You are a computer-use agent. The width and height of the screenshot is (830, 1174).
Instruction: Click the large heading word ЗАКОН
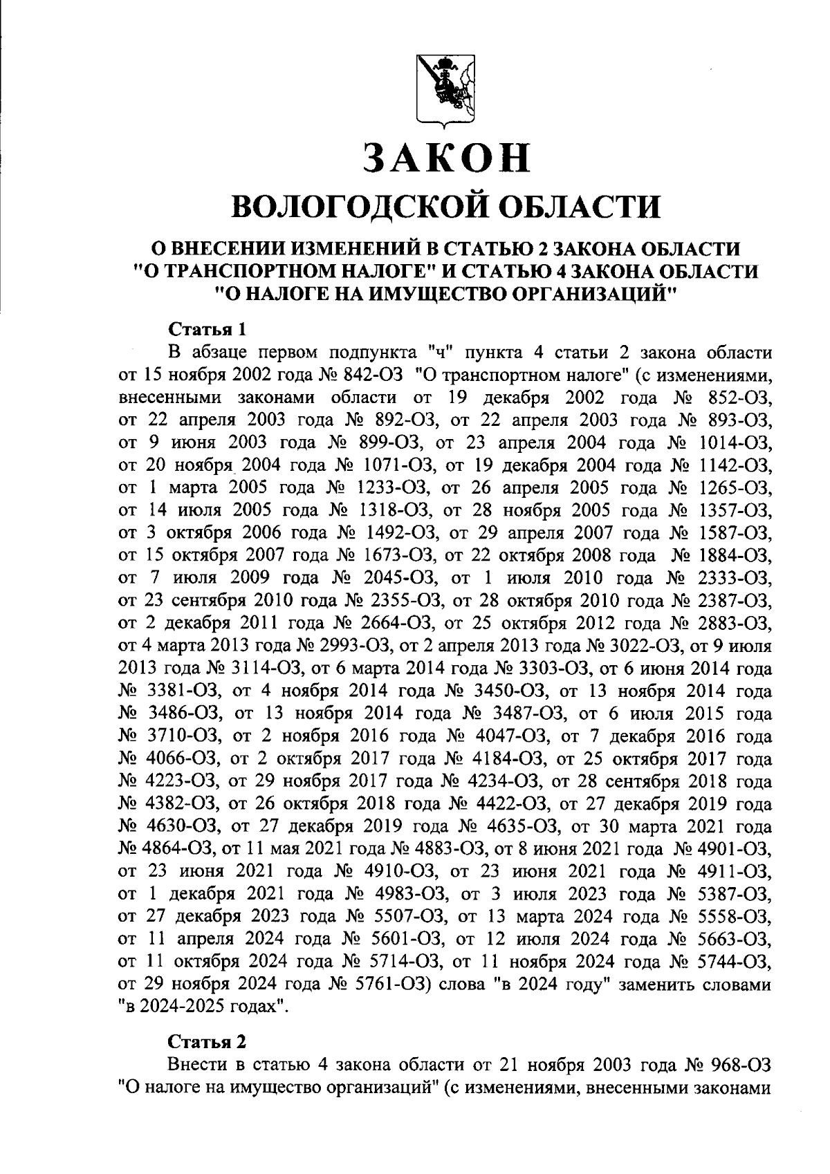448,158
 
